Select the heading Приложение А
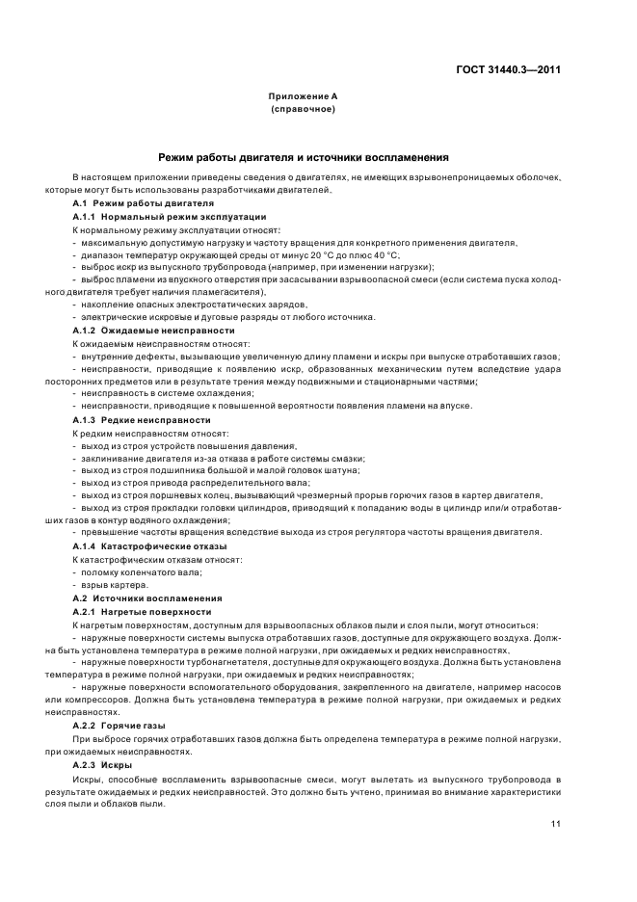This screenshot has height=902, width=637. tap(303, 98)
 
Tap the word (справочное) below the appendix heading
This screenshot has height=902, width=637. tap(303, 110)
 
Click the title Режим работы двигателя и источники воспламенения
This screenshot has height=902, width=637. tap(303, 157)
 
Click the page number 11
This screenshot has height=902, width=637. tap(556, 824)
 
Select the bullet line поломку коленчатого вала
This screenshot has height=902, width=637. tap(140, 571)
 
